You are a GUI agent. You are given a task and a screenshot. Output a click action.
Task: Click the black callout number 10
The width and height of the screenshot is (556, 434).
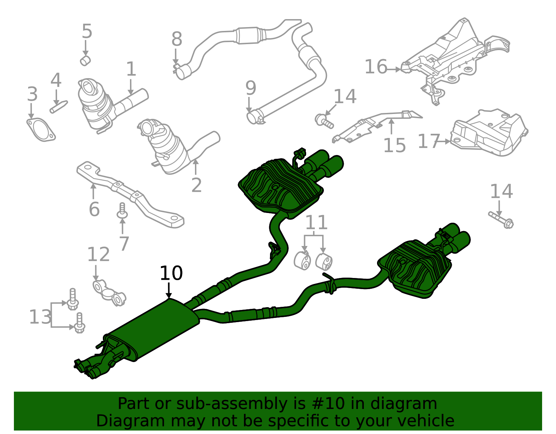[171, 273]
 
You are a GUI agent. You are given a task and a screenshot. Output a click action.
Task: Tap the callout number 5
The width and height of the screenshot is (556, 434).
[87, 32]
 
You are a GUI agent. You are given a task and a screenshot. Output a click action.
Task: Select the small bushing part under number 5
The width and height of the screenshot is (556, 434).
[85, 60]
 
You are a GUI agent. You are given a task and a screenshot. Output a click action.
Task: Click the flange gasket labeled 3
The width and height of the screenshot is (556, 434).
[41, 130]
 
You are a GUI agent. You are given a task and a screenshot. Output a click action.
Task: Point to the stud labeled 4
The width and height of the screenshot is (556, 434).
[59, 107]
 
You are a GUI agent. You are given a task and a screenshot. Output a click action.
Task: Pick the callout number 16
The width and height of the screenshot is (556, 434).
[376, 67]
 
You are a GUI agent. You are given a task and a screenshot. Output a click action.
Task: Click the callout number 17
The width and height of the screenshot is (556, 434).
[429, 141]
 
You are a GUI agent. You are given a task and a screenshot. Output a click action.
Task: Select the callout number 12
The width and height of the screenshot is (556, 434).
[98, 254]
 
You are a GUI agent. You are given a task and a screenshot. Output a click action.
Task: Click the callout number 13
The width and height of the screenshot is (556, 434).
[40, 317]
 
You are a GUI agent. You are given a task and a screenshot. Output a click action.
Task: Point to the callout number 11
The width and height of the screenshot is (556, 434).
[317, 222]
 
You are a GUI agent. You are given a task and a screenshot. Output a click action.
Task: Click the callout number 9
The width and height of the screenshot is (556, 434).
[251, 88]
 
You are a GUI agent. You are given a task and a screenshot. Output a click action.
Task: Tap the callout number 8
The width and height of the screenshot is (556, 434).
[177, 39]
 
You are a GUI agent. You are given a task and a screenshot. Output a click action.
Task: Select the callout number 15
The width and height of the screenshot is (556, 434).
[394, 146]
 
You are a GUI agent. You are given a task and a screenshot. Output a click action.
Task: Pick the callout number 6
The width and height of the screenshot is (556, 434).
[94, 209]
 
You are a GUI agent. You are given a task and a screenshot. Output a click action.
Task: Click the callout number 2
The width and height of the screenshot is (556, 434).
[196, 185]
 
